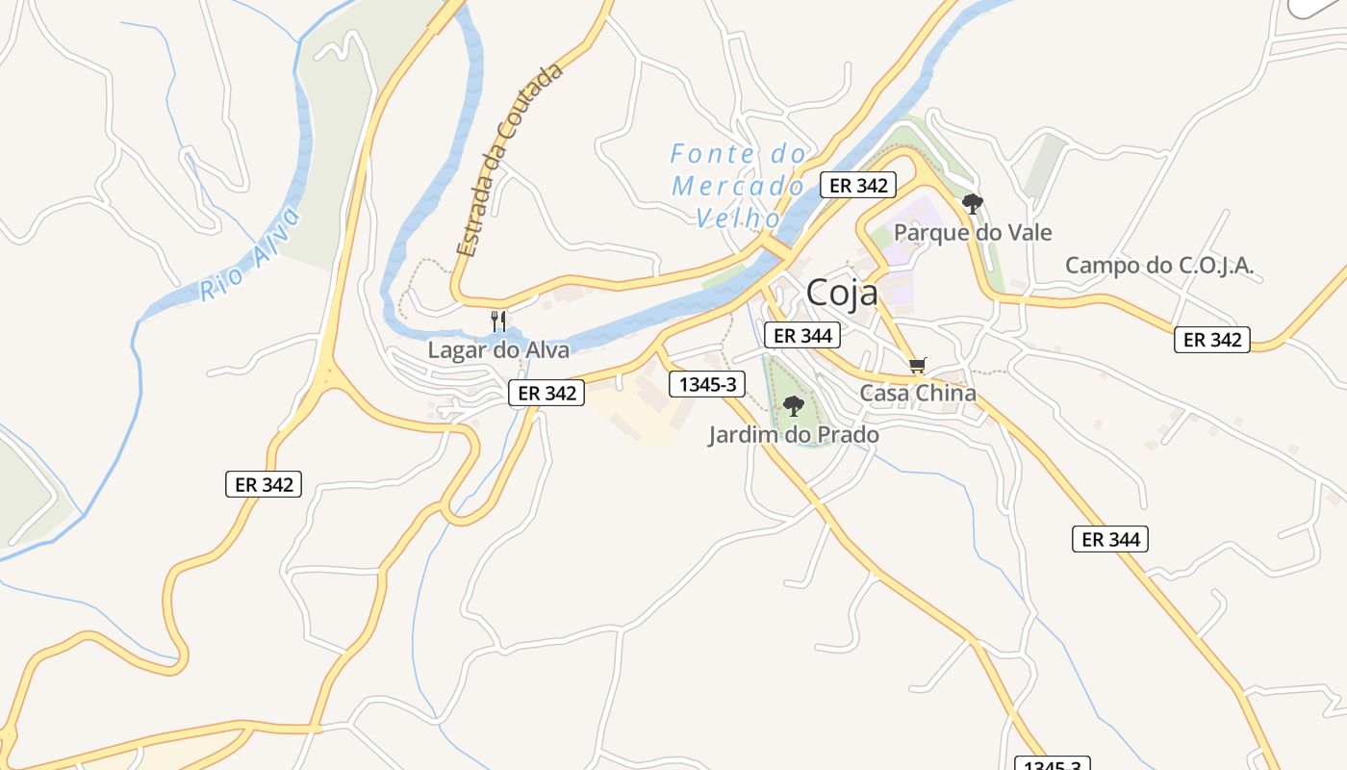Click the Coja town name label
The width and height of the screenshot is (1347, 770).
click(842, 293)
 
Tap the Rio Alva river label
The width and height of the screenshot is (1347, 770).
click(251, 255)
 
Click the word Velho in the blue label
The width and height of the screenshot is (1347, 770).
click(738, 218)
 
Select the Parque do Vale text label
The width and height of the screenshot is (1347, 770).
click(973, 232)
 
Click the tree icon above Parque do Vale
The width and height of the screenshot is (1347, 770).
click(973, 203)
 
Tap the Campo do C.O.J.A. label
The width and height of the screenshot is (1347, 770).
click(1159, 265)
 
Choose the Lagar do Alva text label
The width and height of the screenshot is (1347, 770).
click(498, 349)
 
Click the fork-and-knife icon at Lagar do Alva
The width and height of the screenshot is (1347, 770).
click(498, 321)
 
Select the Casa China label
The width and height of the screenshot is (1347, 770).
click(918, 393)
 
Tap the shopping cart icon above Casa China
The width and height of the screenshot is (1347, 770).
click(918, 365)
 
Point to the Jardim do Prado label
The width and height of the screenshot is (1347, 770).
click(794, 435)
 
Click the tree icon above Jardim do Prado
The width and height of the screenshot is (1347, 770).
click(793, 406)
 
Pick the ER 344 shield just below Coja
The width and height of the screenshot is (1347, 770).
click(803, 335)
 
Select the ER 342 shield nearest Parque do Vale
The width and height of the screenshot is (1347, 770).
click(858, 185)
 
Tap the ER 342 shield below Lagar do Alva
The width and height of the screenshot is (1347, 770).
click(546, 393)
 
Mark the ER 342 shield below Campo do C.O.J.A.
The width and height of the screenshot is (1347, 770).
click(1212, 340)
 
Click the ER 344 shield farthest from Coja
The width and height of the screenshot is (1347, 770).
click(1110, 539)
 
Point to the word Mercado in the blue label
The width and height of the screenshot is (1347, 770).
click(738, 186)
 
